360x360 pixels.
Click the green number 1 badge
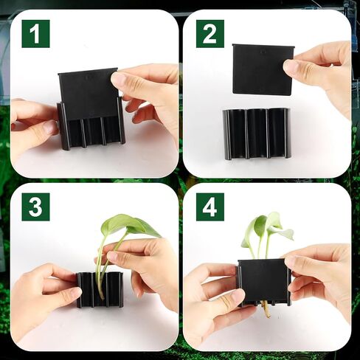(x=35, y=34)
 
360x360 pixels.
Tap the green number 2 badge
(x=210, y=34)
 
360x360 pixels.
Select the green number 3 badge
(x=35, y=207)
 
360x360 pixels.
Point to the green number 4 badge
(x=210, y=207)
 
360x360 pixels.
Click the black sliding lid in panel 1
(x=89, y=94)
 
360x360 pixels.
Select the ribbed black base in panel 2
(x=256, y=134)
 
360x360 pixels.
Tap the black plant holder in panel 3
(x=100, y=289)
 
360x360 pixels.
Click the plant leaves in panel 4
(x=267, y=229)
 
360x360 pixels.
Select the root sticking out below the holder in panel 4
(x=266, y=308)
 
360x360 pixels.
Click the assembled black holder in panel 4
(x=264, y=283)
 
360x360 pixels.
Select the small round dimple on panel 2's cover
(x=263, y=52)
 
